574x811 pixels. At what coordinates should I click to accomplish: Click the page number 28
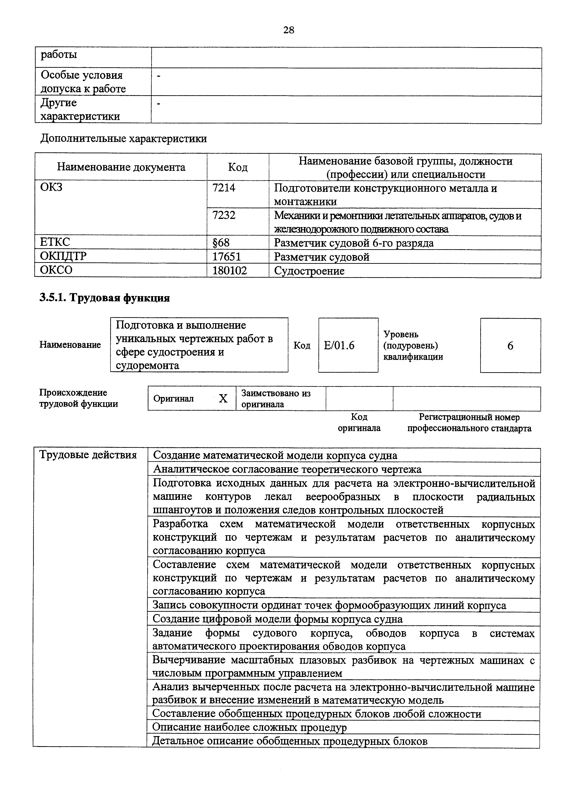tap(289, 30)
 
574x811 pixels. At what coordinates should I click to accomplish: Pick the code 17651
tap(226, 256)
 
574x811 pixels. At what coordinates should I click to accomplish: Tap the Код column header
tap(238, 167)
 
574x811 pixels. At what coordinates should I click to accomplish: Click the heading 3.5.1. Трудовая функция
tap(105, 298)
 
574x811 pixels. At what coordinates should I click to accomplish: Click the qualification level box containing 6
tap(510, 345)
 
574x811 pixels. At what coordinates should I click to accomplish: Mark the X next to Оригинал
tap(223, 398)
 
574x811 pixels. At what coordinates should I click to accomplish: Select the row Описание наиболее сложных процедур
tap(249, 727)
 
